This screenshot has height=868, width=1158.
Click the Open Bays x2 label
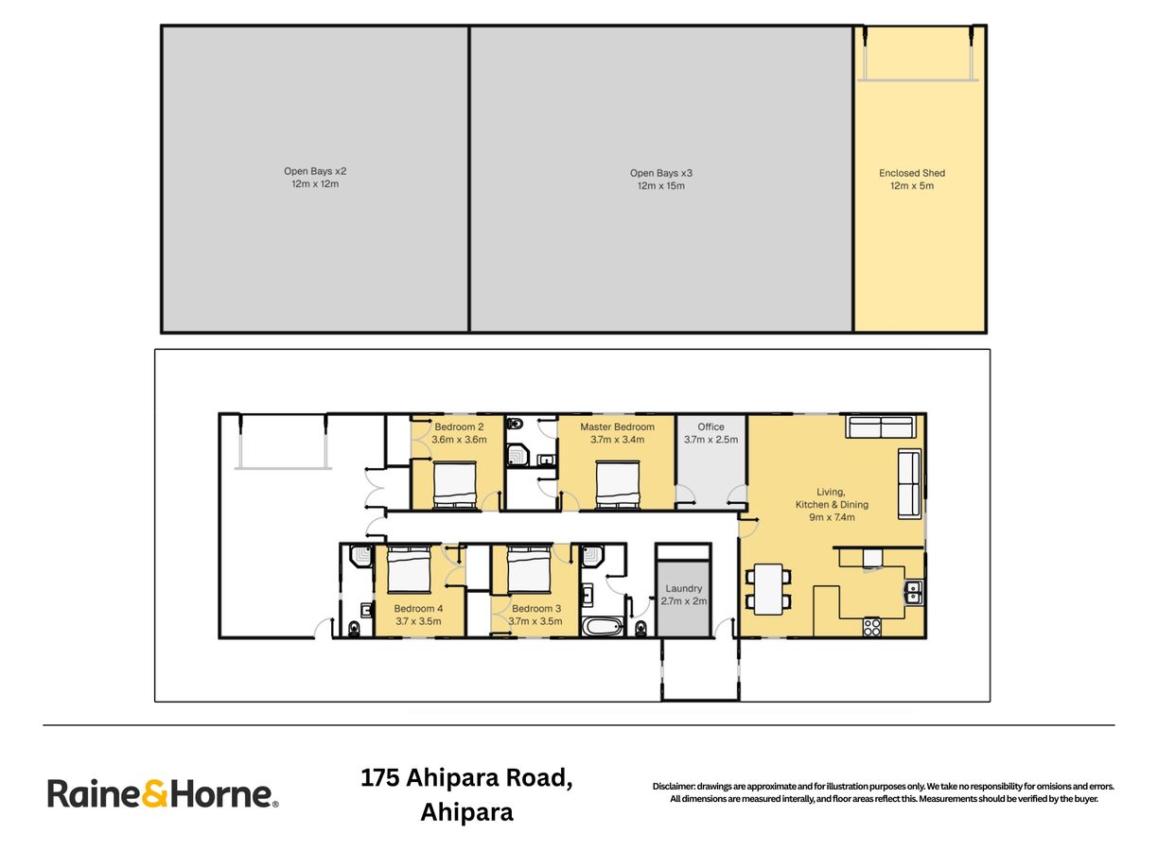coord(315,171)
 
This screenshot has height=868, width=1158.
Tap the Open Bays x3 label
coord(660,173)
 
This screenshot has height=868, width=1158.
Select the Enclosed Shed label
coord(912,173)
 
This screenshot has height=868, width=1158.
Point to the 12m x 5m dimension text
coord(912,185)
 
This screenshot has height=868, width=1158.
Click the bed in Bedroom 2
coord(455,485)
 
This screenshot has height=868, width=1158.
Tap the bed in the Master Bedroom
coord(617,485)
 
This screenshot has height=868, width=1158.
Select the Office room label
coord(711,426)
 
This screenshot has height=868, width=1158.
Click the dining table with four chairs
coord(767,589)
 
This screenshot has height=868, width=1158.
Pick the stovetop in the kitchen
coord(871,627)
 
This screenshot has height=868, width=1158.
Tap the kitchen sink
coord(914,592)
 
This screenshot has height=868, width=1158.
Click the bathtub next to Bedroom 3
coord(602,627)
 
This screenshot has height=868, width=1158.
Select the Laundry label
coord(683,588)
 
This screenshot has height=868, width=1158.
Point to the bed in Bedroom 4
coord(409,569)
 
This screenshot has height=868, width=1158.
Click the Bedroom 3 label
coord(536,608)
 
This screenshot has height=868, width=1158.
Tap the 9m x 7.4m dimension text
coord(832,517)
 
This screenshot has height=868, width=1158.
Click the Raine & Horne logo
coord(163,793)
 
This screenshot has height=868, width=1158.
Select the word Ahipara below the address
coord(467,812)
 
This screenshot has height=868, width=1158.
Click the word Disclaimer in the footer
coord(674,787)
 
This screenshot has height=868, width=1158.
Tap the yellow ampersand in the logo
coord(154,794)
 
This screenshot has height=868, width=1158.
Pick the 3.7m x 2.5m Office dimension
coord(711,440)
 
